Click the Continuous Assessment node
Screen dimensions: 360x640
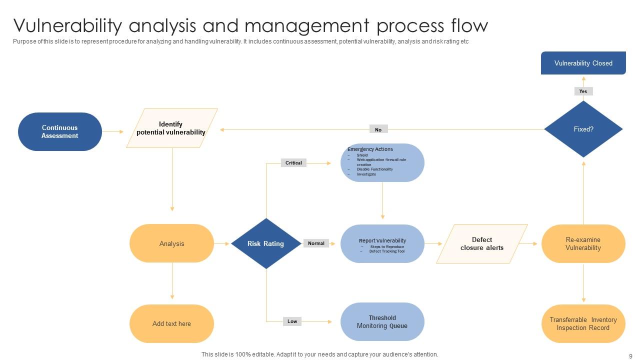point(60,131)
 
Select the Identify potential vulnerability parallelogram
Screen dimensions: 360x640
point(171,128)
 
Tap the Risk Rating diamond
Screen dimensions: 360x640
point(266,243)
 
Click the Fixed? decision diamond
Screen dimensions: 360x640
point(583,129)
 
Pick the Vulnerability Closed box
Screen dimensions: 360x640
point(583,63)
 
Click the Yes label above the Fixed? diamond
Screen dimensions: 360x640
point(583,91)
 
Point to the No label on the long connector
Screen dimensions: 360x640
point(378,129)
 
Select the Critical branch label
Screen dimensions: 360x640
point(293,162)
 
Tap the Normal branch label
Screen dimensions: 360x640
point(316,243)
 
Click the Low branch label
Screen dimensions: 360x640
point(292,321)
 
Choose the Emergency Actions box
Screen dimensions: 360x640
point(382,162)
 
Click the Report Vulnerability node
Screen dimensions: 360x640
point(382,243)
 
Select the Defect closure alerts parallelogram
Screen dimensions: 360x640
point(481,243)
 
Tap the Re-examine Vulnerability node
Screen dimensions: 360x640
point(583,243)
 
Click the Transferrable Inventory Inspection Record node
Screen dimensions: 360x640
point(583,323)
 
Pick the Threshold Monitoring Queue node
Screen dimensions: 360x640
point(382,321)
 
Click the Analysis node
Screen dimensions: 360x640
point(171,243)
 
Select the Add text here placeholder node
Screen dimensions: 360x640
point(171,323)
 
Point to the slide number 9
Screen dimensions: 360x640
point(630,356)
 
